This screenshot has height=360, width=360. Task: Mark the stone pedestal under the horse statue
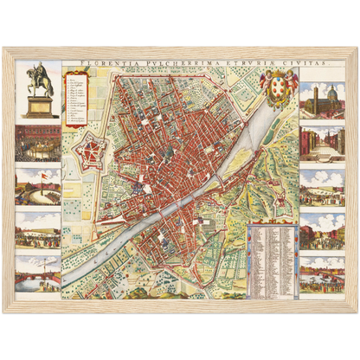(x=38, y=106)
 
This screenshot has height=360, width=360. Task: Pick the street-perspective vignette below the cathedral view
(x=321, y=143)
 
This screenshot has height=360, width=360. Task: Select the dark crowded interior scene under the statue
(x=38, y=142)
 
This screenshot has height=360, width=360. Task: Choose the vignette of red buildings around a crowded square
(x=321, y=228)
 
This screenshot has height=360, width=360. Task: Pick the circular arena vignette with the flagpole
(x=38, y=185)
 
